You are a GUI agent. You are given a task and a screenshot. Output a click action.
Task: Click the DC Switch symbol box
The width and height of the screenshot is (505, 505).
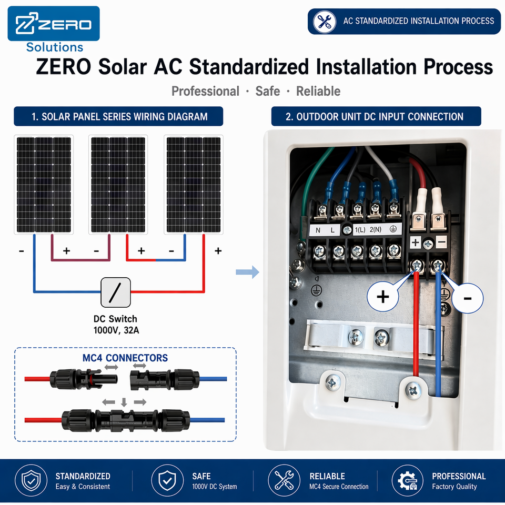click(x=116, y=292)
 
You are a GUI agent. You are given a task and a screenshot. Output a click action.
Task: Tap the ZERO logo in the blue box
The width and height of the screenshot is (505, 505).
click(x=54, y=24)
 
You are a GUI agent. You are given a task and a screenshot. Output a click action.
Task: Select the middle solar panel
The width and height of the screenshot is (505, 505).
click(x=118, y=185)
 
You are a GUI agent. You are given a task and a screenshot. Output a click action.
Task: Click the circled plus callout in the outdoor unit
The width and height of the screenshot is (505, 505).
click(x=383, y=296)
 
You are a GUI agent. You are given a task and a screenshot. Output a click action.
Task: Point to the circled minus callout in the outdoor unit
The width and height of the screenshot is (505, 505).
click(x=467, y=298)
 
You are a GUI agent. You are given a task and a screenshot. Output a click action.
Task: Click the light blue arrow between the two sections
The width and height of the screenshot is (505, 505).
click(x=247, y=272)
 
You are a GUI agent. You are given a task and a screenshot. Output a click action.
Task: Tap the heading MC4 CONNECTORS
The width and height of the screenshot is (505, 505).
click(x=125, y=358)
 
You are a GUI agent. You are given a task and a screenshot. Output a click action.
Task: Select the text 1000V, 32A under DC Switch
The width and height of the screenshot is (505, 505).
click(x=116, y=330)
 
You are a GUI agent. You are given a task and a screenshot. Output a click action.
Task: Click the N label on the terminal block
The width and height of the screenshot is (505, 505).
click(x=318, y=230)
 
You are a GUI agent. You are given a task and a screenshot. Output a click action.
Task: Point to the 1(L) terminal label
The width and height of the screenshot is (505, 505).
click(x=360, y=230)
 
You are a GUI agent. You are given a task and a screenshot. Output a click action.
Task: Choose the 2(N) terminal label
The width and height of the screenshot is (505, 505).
click(x=375, y=230)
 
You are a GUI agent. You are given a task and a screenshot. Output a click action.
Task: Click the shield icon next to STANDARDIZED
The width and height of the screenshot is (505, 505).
click(x=31, y=480)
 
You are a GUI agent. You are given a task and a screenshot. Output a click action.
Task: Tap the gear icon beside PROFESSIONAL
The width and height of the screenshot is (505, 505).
click(x=407, y=480)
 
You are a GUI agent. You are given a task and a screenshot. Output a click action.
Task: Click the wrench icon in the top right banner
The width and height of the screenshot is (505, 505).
click(x=325, y=22)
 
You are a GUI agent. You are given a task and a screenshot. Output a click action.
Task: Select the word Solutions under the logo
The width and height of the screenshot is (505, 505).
click(x=55, y=47)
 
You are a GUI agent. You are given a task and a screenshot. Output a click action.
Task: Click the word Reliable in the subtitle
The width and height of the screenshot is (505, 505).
click(x=318, y=91)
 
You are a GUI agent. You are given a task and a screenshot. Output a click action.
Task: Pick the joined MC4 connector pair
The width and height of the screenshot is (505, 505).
click(x=125, y=420)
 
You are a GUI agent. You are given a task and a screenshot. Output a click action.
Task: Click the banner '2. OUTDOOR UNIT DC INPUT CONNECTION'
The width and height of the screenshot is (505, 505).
click(x=376, y=116)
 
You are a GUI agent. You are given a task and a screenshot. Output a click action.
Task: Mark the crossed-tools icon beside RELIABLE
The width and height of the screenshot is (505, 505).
click(x=284, y=480)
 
